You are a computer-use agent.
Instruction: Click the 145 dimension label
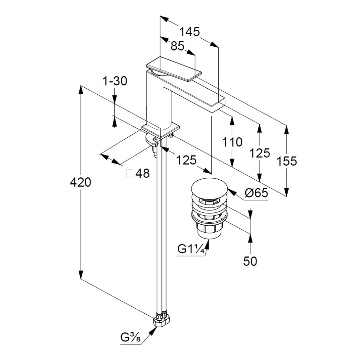click(190, 32)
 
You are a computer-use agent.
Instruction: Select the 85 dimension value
click(177, 46)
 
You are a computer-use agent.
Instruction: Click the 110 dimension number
click(232, 142)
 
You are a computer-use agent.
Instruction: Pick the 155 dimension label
click(287, 161)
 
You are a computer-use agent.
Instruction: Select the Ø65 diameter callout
click(256, 193)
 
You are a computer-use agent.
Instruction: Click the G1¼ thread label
click(191, 249)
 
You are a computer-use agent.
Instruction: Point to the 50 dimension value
click(251, 261)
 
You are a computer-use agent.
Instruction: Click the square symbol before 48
click(130, 173)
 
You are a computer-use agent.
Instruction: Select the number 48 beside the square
click(143, 173)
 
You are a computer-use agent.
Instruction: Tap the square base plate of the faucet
click(161, 129)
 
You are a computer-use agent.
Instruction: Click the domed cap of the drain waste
click(209, 188)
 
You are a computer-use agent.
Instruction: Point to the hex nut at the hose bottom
click(162, 320)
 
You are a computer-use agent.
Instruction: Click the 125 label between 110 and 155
click(260, 153)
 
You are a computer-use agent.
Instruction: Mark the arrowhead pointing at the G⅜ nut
click(154, 329)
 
